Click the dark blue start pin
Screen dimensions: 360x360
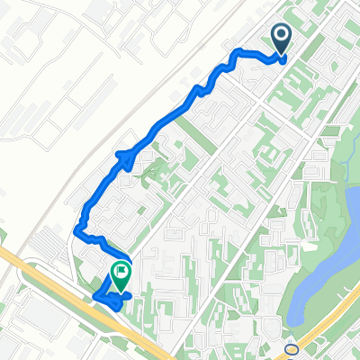point(281,39)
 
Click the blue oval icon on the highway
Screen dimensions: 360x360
point(291,350)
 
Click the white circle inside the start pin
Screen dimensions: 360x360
point(281,35)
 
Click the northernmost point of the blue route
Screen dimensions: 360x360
point(239,49)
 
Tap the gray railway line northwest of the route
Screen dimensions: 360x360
point(135,108)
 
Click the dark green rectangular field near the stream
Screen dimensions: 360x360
point(331,131)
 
